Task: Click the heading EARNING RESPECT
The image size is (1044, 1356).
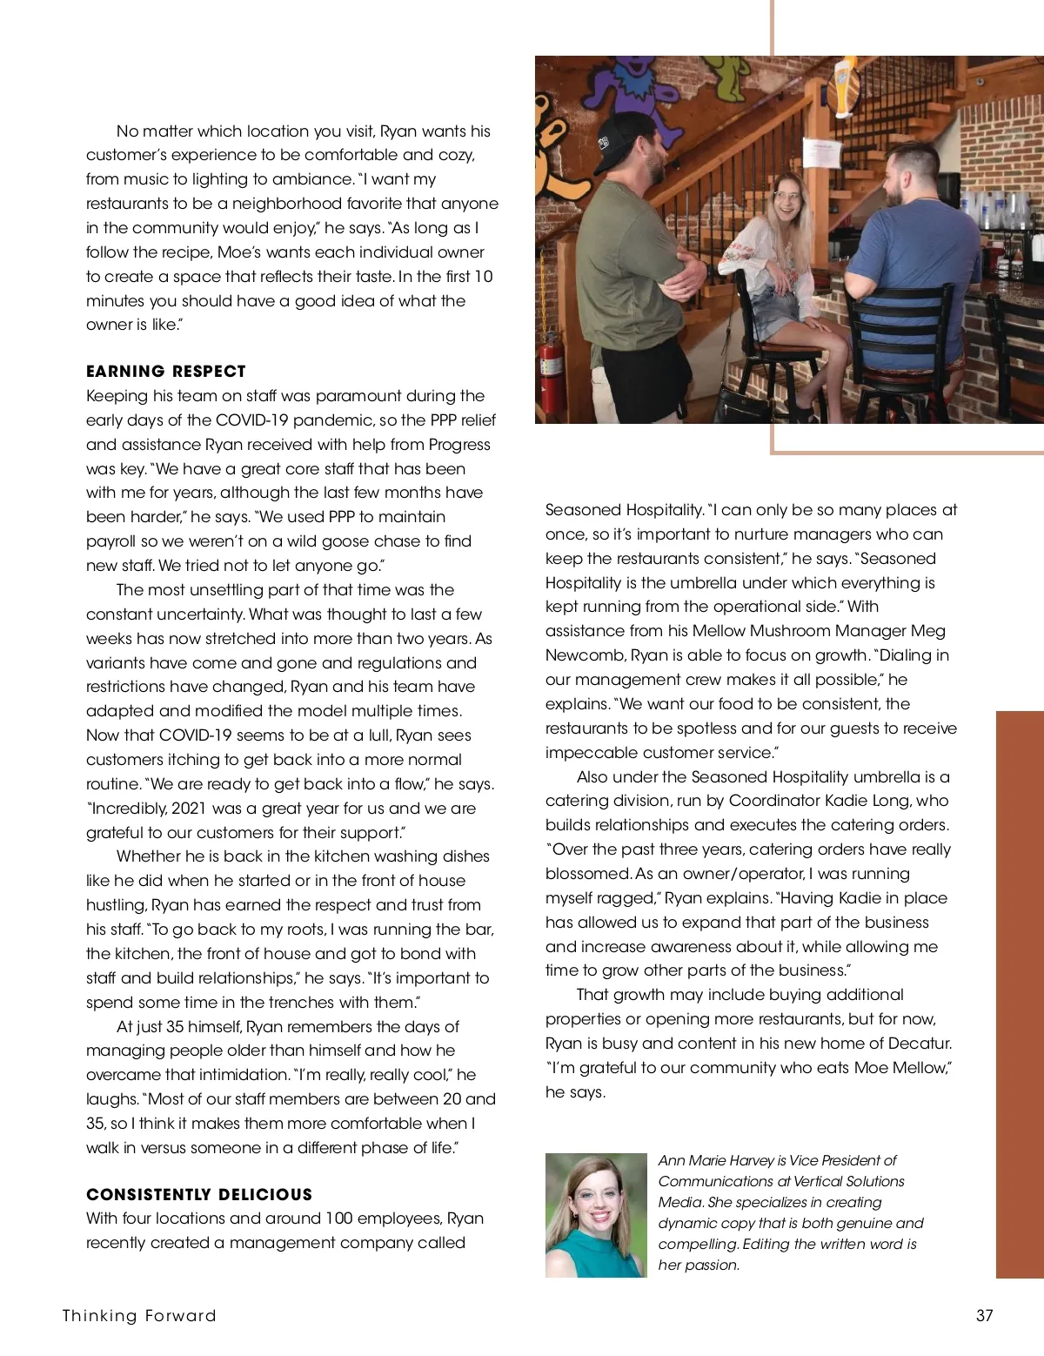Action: (x=165, y=372)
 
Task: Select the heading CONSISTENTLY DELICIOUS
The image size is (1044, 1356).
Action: (x=198, y=1195)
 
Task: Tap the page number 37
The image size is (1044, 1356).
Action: (x=984, y=1316)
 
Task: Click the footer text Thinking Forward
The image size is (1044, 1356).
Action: (x=139, y=1316)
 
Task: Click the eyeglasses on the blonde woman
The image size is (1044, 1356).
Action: (x=785, y=195)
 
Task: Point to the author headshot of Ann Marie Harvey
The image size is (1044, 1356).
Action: (x=596, y=1215)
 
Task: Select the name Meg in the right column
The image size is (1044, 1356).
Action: (x=927, y=631)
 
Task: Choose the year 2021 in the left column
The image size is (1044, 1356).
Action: (x=189, y=809)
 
